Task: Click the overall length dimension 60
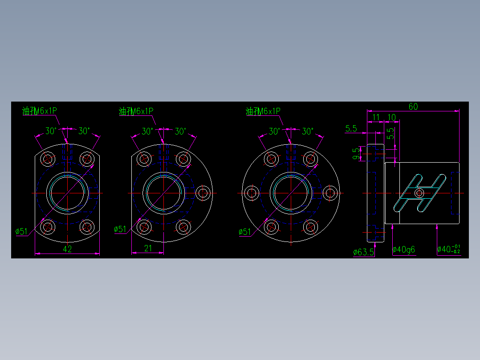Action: [x=413, y=106]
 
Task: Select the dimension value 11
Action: [x=376, y=117]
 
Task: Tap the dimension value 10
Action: [x=391, y=117]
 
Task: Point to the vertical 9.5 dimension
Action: [x=356, y=154]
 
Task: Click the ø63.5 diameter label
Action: [x=363, y=252]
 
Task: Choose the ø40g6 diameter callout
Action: [x=403, y=250]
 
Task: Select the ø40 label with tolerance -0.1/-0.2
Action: [x=448, y=250]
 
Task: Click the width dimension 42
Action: [x=67, y=250]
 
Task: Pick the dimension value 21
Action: [x=148, y=249]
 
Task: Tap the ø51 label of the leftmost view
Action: [x=21, y=231]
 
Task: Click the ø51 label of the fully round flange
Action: [x=245, y=232]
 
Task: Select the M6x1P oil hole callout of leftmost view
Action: [x=40, y=111]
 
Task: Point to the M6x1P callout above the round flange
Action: [x=263, y=111]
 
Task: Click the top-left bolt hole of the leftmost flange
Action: [x=48, y=159]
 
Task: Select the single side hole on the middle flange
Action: [x=203, y=193]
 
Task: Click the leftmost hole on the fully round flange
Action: [x=252, y=193]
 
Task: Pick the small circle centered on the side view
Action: [x=419, y=193]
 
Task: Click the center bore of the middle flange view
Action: [x=163, y=193]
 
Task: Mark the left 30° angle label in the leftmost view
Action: [x=51, y=131]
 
